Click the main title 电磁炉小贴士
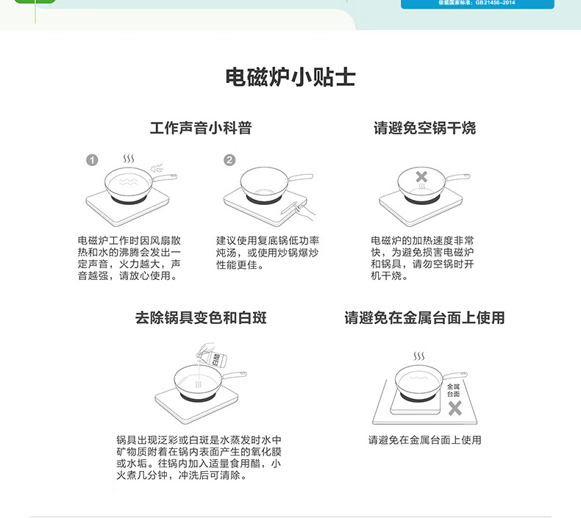290,77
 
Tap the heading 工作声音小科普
201,128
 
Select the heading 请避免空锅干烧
424,128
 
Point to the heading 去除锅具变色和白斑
201,317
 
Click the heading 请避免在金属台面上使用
424,317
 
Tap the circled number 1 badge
92,160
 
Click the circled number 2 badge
229,160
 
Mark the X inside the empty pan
421,176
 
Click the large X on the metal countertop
455,409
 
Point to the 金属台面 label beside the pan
453,390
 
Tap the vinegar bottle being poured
212,356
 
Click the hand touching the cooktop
302,211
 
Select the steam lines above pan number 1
129,159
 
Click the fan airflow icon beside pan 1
157,168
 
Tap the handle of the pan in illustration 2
301,177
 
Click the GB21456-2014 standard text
477,3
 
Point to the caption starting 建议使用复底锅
268,253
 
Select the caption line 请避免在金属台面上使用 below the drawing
424,440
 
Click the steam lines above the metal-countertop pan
419,356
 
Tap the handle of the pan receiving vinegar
234,375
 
